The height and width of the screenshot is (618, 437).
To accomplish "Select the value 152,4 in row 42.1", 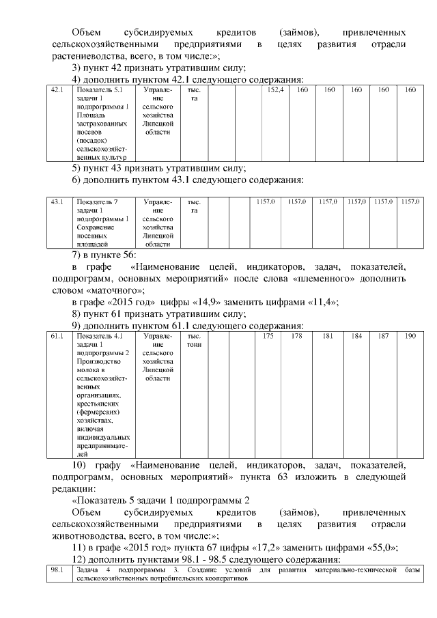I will point(275,90).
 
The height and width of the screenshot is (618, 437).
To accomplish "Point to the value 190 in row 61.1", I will point(410,336).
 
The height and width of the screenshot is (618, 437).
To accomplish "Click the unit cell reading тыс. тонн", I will point(193,340).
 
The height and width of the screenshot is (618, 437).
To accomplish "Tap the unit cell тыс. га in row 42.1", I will point(193,94).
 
